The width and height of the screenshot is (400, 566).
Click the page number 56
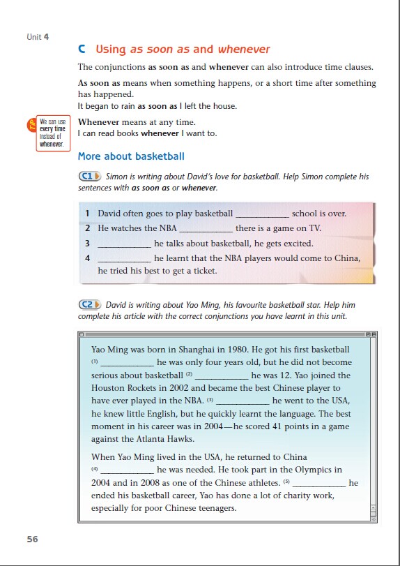coord(32,539)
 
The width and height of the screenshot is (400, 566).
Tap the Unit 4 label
coord(38,37)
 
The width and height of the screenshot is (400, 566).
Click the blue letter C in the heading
coord(82,49)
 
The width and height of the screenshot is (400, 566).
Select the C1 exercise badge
coord(90,177)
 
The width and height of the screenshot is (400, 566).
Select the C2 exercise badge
coord(90,305)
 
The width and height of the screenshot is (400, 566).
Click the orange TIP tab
coord(31,125)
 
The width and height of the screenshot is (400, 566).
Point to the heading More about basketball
coord(131,156)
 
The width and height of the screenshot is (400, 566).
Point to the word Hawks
coord(183,439)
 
